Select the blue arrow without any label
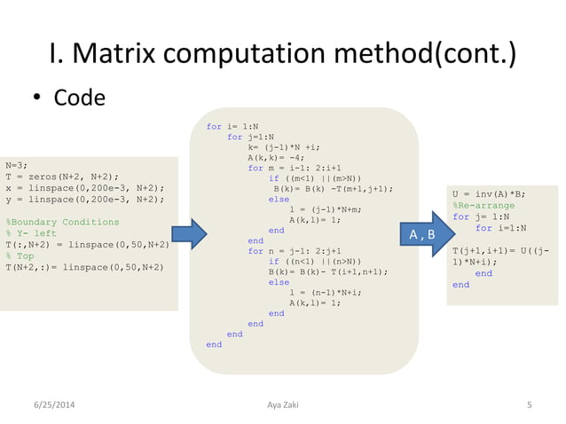(x=188, y=234)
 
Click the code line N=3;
(x=16, y=165)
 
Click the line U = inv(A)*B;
(x=489, y=193)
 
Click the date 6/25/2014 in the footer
(x=54, y=405)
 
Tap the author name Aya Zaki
(x=283, y=405)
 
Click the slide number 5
(x=529, y=405)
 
